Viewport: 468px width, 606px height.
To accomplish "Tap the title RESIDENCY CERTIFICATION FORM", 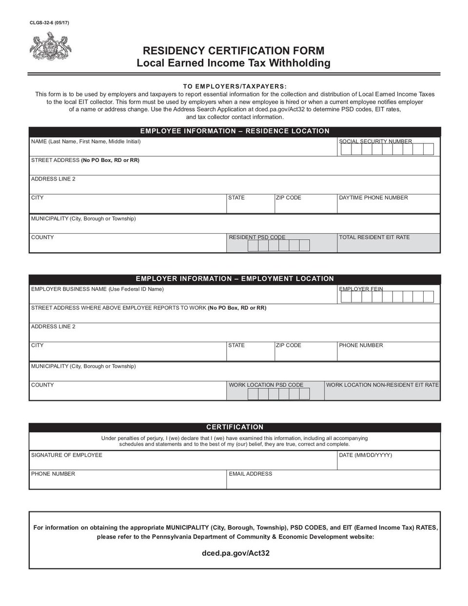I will (233, 51).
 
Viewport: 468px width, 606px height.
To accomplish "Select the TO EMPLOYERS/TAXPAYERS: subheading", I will (234, 86).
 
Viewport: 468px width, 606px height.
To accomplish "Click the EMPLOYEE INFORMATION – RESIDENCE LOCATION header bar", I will (234, 131).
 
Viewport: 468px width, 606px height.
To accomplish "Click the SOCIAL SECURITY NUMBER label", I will (375, 141).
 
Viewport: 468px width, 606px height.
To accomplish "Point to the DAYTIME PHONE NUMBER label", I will (373, 198).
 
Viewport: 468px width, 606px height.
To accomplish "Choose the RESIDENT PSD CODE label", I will (257, 237).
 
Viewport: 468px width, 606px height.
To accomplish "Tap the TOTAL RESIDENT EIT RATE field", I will (389, 244).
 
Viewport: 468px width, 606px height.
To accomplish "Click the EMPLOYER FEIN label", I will (361, 289).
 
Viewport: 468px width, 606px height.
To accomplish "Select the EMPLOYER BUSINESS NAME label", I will (97, 289).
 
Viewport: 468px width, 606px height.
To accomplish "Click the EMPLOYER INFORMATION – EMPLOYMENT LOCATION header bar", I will (234, 279).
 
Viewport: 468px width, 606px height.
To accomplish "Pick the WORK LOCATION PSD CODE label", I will (266, 385).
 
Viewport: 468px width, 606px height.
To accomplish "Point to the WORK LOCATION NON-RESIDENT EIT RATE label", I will (382, 385).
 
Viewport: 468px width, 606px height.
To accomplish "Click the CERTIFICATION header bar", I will (234, 427).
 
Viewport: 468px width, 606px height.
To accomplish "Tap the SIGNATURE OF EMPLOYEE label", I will (67, 455).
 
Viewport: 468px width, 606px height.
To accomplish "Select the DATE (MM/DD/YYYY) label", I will (365, 455).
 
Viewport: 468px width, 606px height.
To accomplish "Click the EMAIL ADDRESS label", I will (251, 474).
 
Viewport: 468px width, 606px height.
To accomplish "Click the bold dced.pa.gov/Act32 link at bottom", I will (235, 553).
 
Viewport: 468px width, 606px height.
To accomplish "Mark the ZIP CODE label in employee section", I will (289, 198).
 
